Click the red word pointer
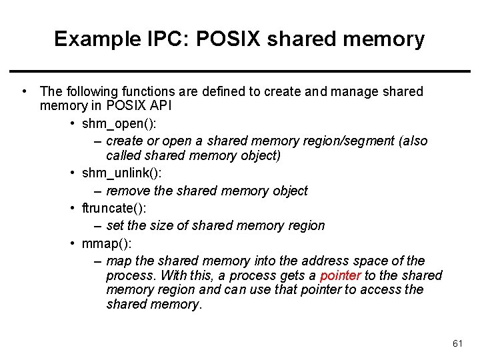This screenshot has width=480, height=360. pos(340,275)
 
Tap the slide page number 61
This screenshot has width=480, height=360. pos(457,343)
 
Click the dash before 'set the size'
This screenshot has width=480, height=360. pos(98,226)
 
